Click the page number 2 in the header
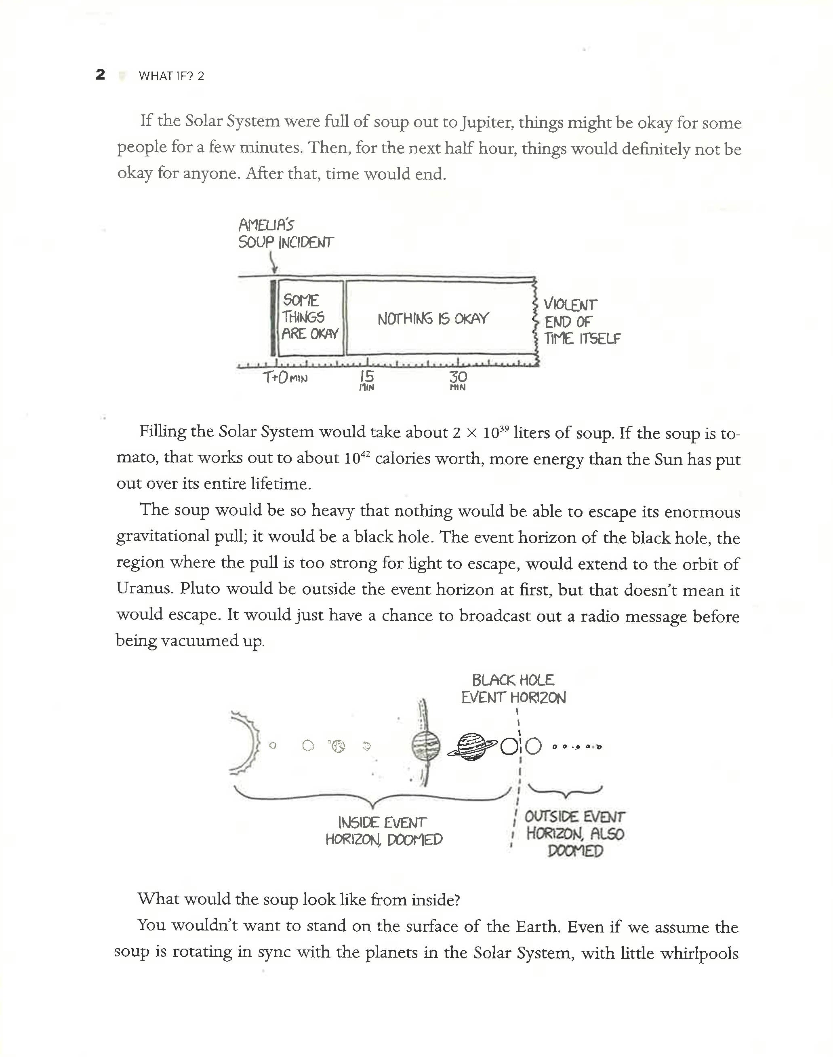pyautogui.click(x=101, y=75)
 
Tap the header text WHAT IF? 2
pyautogui.click(x=171, y=76)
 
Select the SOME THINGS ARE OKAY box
pyautogui.click(x=310, y=317)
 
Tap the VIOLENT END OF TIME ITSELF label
pyautogui.click(x=581, y=322)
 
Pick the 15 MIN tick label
pyautogui.click(x=366, y=380)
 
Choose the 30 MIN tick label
pyautogui.click(x=458, y=380)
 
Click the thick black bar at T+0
pyautogui.click(x=273, y=317)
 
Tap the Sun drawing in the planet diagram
pyautogui.click(x=246, y=745)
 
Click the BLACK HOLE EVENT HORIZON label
pyautogui.click(x=513, y=688)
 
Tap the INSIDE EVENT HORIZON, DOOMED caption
pyautogui.click(x=384, y=831)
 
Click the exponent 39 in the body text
pyautogui.click(x=504, y=428)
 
